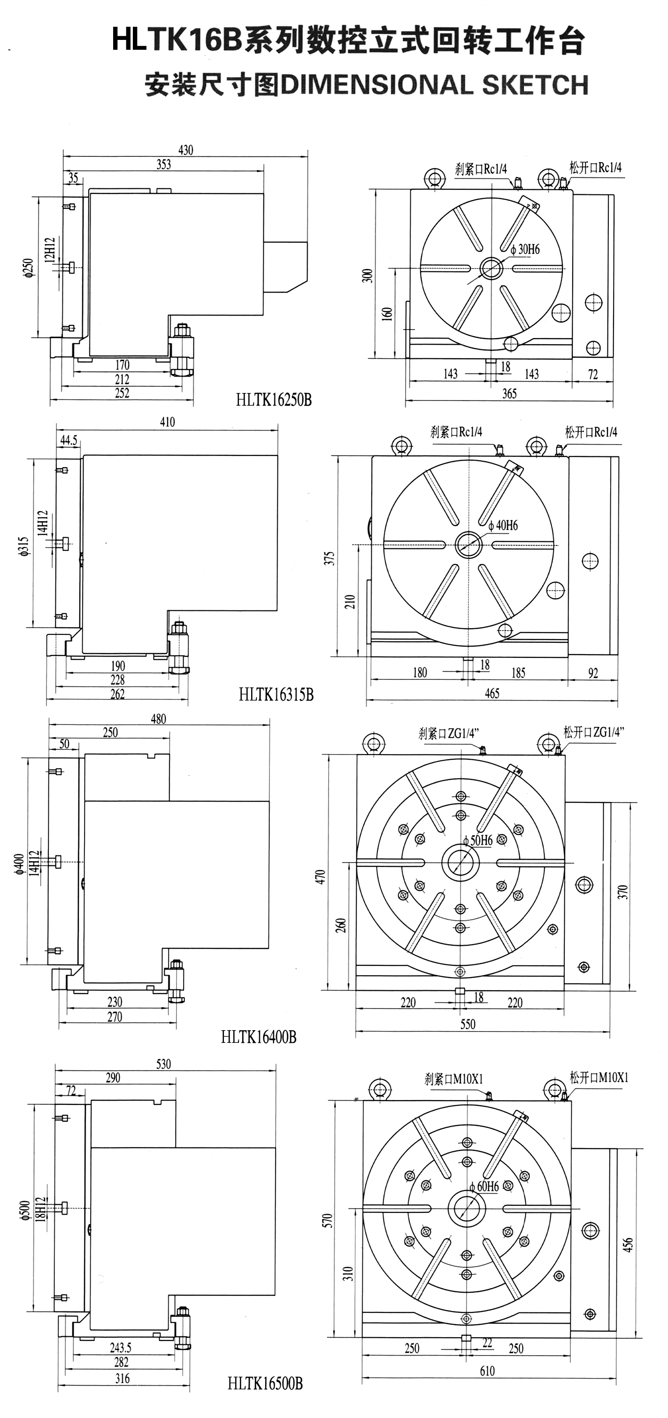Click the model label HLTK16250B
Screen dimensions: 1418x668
point(274,400)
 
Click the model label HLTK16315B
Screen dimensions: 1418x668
point(276,695)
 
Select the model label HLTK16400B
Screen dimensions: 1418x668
point(259,1037)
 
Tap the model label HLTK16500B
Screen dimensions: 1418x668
point(265,1383)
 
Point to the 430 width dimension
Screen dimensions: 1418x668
point(185,150)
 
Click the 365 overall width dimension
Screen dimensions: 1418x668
point(509,393)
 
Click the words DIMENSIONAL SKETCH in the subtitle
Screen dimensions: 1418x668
point(435,85)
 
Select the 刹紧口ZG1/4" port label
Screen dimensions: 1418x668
point(448,733)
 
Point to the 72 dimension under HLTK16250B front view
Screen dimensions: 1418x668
point(592,374)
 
